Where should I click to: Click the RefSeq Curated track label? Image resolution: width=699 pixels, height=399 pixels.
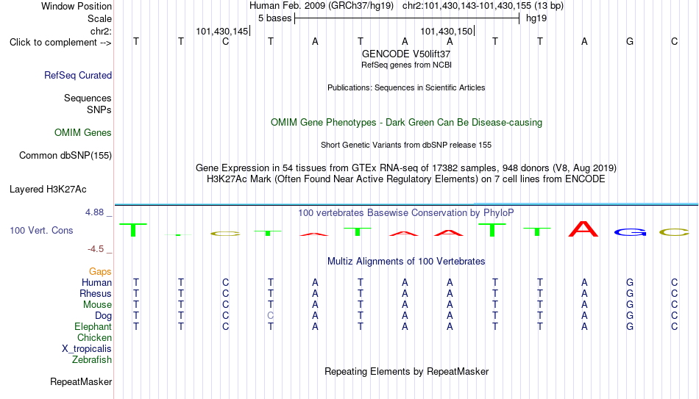[x=78, y=75]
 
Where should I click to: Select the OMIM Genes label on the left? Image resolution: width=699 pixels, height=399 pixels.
[x=83, y=133]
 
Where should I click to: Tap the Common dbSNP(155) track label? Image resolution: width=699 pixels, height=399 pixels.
[x=65, y=156]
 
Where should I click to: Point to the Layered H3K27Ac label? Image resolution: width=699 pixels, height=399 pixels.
[x=48, y=190]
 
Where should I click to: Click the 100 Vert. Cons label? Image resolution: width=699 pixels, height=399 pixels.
[x=41, y=230]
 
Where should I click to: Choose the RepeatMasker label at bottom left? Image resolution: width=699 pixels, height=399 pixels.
[x=81, y=381]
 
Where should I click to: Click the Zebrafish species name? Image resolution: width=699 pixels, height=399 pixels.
[x=92, y=360]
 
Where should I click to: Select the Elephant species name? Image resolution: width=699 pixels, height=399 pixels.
[x=93, y=327]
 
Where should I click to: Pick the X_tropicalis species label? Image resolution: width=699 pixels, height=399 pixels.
[x=87, y=349]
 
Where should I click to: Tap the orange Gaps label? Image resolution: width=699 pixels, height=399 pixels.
[x=100, y=272]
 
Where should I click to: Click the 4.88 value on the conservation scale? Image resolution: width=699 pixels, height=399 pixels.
[x=95, y=212]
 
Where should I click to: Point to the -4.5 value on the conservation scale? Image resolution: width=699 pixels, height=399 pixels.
[x=96, y=249]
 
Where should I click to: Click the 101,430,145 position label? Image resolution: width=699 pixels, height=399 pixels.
[x=222, y=31]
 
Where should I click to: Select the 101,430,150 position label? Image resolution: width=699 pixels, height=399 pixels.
[x=446, y=31]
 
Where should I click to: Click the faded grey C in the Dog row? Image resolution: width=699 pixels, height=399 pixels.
[x=271, y=316]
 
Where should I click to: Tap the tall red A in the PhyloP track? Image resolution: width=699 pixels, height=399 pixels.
[x=583, y=229]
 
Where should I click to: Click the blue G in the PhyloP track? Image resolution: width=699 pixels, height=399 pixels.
[x=630, y=232]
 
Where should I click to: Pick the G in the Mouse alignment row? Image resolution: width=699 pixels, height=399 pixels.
[x=630, y=305]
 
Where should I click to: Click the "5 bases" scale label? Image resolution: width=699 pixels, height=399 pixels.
[x=274, y=18]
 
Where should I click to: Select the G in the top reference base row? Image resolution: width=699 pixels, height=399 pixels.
[x=630, y=41]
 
